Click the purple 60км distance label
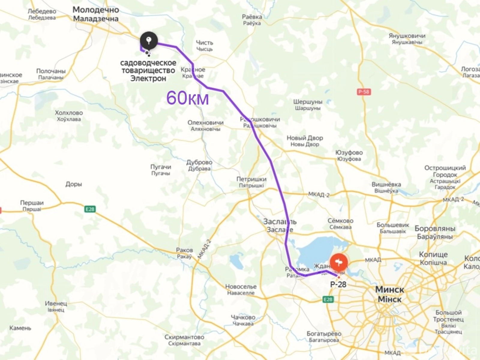click(x=187, y=98)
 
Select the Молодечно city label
click(x=96, y=10)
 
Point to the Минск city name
click(x=390, y=290)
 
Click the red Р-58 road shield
click(x=364, y=91)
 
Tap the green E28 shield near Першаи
click(x=90, y=209)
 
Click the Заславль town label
click(x=280, y=222)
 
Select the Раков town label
click(x=184, y=250)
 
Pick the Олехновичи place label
click(x=205, y=123)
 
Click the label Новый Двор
click(x=304, y=138)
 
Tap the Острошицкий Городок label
click(x=445, y=171)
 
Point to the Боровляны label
click(x=435, y=229)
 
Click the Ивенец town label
click(x=56, y=304)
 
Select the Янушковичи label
click(x=407, y=36)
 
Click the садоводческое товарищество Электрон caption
click(x=148, y=71)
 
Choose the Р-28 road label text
click(x=338, y=284)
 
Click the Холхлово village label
click(x=69, y=113)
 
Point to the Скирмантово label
click(x=184, y=337)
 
